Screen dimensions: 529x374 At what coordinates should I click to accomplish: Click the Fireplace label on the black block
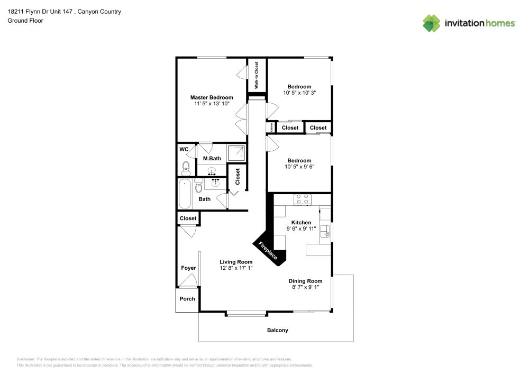pos(268,251)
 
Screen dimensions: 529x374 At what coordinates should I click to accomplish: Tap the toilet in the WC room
pos(186,168)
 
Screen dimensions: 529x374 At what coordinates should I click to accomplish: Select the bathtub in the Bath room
pos(185,194)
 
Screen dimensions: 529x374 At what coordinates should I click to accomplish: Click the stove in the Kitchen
pos(302,199)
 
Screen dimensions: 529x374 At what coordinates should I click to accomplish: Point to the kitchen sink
pos(325,231)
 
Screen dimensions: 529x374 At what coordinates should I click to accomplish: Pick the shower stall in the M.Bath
pos(236,153)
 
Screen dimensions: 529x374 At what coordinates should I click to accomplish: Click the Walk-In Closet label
pos(257,75)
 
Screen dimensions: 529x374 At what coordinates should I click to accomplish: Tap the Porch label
pos(187,299)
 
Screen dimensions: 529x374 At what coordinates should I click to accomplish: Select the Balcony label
pos(278,330)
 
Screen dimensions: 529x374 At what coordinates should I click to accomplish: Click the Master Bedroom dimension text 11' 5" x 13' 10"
pos(212,104)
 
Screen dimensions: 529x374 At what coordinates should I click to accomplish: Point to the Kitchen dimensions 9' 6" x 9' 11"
pos(302,229)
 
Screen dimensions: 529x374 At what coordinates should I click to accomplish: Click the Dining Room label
pos(305,281)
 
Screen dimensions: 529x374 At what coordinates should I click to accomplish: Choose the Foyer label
pos(188,268)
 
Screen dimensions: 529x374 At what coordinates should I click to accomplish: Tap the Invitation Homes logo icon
pos(432,23)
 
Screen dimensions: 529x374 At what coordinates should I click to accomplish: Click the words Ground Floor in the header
pos(25,21)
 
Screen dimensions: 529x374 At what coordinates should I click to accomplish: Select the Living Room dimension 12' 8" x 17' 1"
pos(236,268)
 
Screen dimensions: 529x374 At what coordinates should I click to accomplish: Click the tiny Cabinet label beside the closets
pos(271,127)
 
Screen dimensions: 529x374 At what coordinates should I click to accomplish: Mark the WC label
pos(184,149)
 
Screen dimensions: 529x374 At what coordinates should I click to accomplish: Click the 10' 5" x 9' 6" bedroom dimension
pos(299,167)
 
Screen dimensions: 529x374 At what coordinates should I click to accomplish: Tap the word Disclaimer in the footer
pos(25,359)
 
